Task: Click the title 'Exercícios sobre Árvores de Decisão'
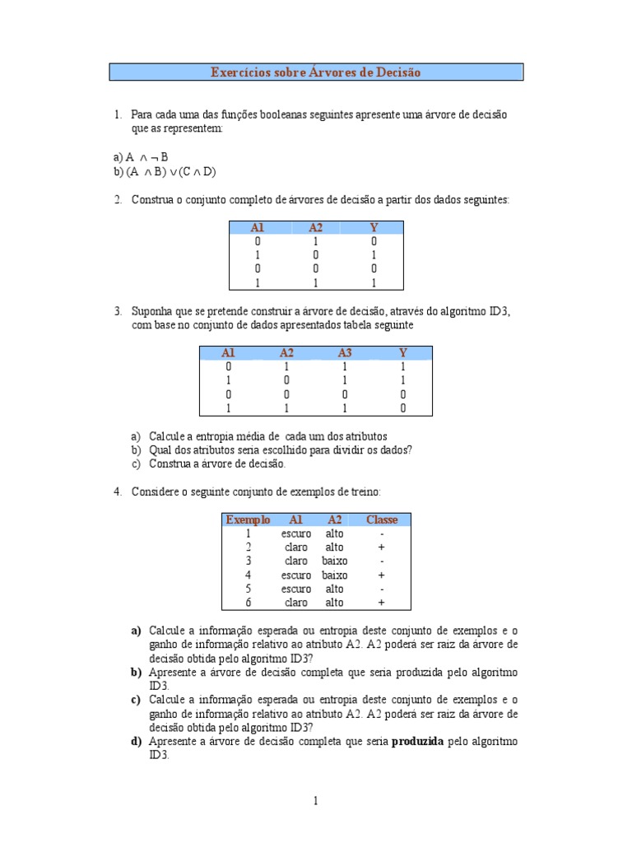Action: pos(316,72)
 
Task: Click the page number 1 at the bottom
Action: pos(316,800)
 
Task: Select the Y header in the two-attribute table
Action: pos(374,227)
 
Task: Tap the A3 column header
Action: pos(345,352)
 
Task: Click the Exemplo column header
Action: pos(248,519)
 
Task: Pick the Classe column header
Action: pos(382,519)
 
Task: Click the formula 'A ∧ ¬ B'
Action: pos(147,156)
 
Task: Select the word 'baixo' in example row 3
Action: pos(334,561)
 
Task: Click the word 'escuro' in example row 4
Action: pos(296,575)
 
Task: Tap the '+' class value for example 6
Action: pos(382,603)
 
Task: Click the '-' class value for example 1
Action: pos(382,533)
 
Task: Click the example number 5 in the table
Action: pos(248,589)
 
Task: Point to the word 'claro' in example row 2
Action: pos(296,547)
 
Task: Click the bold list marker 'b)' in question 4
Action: pos(136,673)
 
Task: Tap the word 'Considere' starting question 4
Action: pos(154,491)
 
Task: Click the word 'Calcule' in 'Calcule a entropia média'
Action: pos(166,435)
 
